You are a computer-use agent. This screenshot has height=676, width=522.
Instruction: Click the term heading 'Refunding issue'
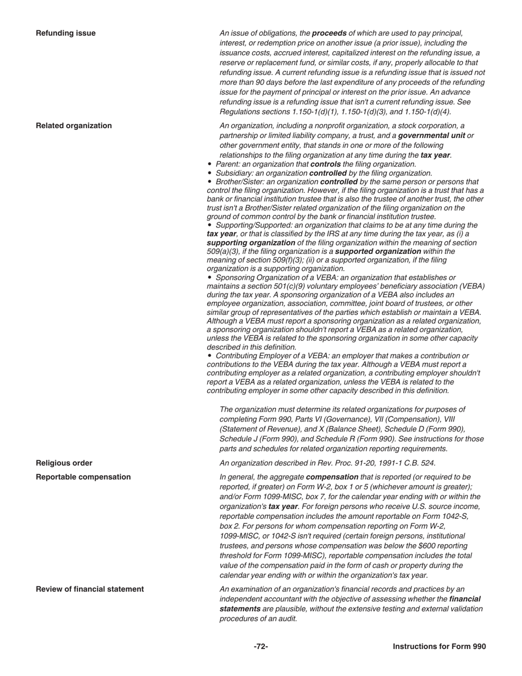click(65, 33)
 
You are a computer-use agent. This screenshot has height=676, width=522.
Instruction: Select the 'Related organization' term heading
click(74, 125)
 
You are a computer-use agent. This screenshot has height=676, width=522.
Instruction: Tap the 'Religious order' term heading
click(64, 463)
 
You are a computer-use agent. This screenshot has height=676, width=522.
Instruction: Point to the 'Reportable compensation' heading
click(83, 476)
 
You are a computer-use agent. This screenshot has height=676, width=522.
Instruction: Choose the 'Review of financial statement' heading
click(90, 589)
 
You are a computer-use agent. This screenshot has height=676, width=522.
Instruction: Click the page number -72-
click(261, 646)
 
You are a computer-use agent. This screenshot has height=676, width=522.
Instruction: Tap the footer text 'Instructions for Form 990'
click(439, 646)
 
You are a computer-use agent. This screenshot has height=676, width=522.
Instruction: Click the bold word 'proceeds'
click(330, 33)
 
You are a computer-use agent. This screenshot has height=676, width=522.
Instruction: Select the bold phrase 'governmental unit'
click(431, 135)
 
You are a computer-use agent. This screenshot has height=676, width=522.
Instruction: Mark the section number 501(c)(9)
click(293, 286)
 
